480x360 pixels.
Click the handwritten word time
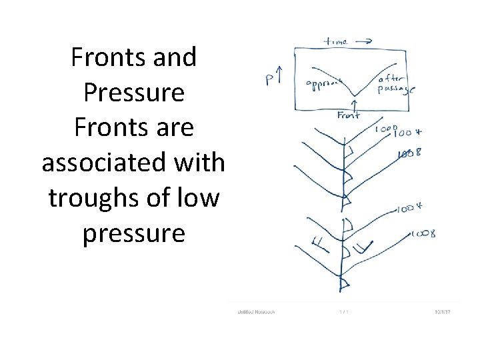point(335,41)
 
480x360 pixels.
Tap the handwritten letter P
point(271,81)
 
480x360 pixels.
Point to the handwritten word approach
point(324,84)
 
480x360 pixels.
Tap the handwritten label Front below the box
point(349,115)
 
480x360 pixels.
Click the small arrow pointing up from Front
point(354,105)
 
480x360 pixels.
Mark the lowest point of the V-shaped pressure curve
point(354,95)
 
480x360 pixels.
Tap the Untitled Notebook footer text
point(257,311)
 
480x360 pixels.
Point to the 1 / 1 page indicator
point(343,311)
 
